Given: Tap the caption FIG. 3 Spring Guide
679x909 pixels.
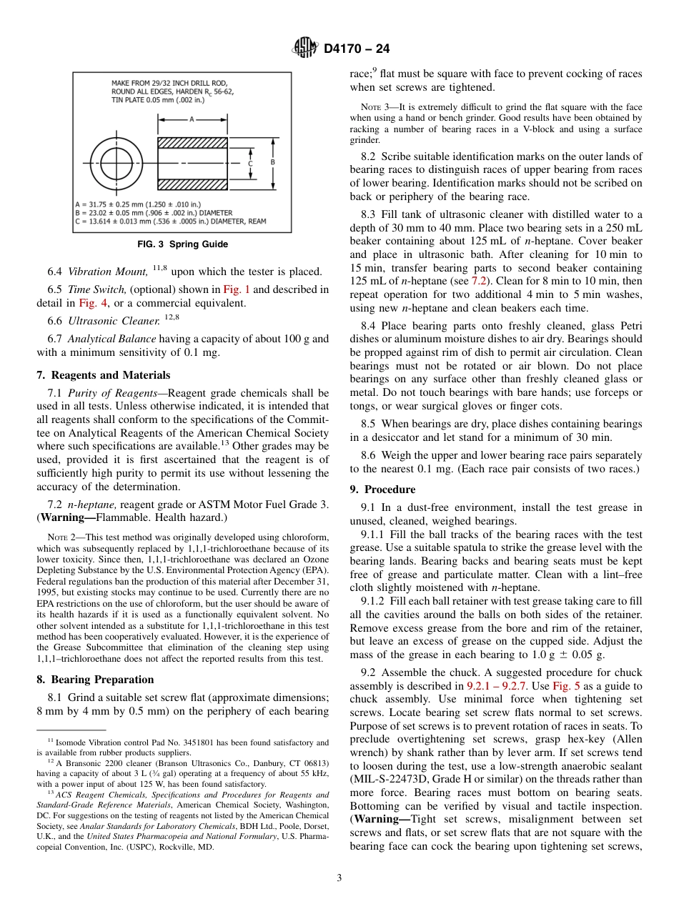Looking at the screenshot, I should pyautogui.click(x=183, y=244).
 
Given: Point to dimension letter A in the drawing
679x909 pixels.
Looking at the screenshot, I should pyautogui.click(x=192, y=120).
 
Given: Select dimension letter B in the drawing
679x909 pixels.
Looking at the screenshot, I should pyautogui.click(x=272, y=163).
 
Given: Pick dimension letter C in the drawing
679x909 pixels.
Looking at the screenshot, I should pyautogui.click(x=249, y=164).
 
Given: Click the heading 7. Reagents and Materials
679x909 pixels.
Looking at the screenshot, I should pyautogui.click(x=103, y=375).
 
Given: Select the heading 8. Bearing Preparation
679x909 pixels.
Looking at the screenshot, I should pyautogui.click(x=95, y=680).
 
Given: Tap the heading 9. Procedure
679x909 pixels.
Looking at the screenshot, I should pyautogui.click(x=382, y=490).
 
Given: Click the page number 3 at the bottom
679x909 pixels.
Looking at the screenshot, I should pyautogui.click(x=339, y=879).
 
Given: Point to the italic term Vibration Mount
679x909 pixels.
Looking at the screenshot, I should pyautogui.click(x=108, y=272).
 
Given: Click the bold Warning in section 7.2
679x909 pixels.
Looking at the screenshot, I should pyautogui.click(x=66, y=517).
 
